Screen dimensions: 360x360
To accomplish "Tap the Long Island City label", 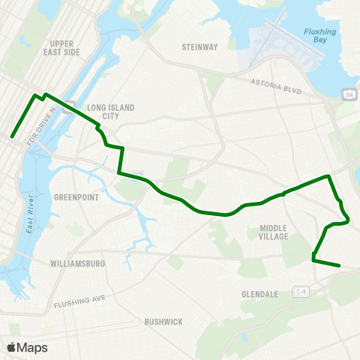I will tap(111, 112).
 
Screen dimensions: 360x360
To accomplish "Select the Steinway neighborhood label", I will tap(199, 47).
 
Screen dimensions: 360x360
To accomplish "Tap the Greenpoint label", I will tap(72, 197).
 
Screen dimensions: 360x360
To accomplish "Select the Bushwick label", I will tap(163, 322).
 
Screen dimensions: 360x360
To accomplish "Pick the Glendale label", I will tap(259, 294).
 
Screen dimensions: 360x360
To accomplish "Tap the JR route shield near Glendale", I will tap(301, 291).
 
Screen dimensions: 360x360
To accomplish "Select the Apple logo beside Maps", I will tap(12, 347).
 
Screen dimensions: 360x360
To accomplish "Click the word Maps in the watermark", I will tap(32, 347).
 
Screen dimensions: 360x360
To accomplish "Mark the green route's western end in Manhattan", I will tap(12, 136).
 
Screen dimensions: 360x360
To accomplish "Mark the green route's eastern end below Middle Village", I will tap(340, 265).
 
